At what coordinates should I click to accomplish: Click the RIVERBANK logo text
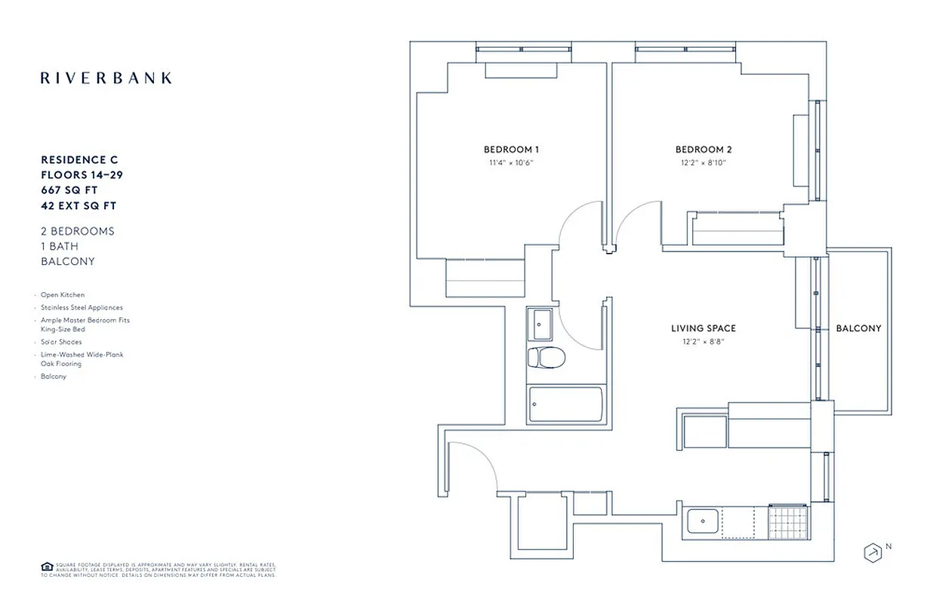coord(106,78)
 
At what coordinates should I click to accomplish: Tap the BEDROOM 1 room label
coord(511,149)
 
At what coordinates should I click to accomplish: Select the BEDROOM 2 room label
coord(704,149)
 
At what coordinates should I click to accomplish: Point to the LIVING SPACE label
coord(703,328)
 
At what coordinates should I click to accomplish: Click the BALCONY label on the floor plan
coord(858,328)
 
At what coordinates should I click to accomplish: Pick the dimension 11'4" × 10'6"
coord(511,162)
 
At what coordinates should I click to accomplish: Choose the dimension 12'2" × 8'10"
coord(704,162)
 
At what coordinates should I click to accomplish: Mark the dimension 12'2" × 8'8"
coord(703,341)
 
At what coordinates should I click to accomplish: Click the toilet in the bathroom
coord(541,357)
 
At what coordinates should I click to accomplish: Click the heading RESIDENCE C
coord(79,160)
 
